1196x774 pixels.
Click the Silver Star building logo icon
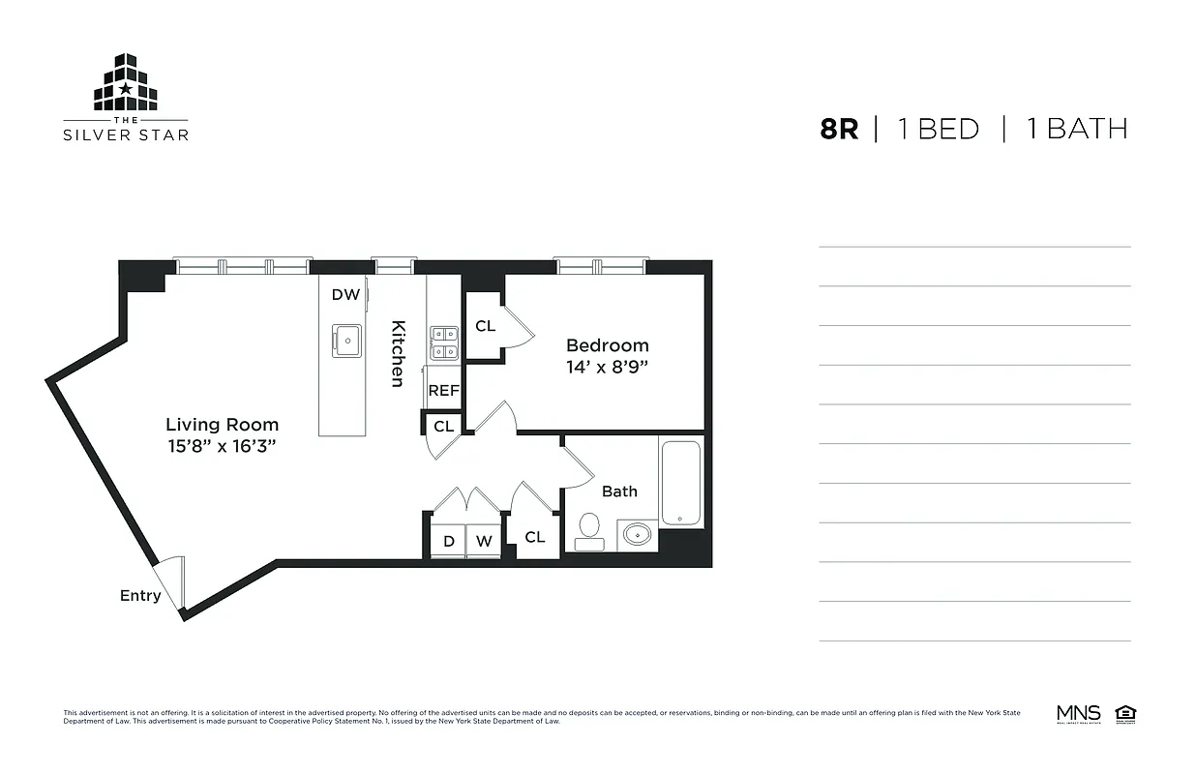(126, 83)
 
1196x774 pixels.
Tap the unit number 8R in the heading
(839, 129)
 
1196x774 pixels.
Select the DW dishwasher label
(345, 294)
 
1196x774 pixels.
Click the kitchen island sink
(346, 340)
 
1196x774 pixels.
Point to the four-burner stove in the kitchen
(444, 342)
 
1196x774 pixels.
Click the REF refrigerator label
(444, 391)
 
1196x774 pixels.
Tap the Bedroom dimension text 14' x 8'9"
(607, 367)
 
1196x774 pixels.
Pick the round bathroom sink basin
(637, 534)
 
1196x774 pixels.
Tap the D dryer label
(449, 542)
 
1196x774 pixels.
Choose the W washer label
(483, 542)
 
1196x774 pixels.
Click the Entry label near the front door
(140, 595)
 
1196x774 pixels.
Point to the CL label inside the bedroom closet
(485, 326)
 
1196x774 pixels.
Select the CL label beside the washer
(535, 537)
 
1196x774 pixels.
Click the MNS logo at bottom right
(1078, 715)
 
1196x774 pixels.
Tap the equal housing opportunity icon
(1124, 714)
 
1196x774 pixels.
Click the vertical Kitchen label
(398, 353)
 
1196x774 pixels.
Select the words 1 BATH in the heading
(1077, 129)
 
